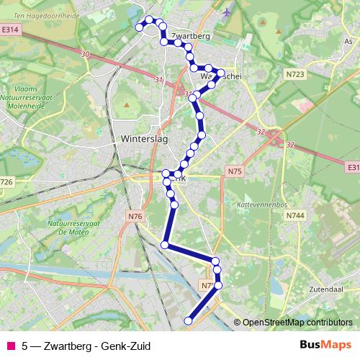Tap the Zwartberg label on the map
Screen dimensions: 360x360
(191, 34)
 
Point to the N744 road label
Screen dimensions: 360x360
(294, 215)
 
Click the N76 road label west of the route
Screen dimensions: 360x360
(135, 216)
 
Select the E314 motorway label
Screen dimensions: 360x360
(9, 30)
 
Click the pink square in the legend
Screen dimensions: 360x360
(10, 346)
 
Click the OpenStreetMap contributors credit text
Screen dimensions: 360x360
(297, 323)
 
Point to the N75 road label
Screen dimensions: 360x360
(234, 171)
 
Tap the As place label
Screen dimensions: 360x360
(349, 42)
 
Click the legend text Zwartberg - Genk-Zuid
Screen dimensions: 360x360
(86, 346)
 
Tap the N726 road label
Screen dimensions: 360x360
(6, 182)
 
